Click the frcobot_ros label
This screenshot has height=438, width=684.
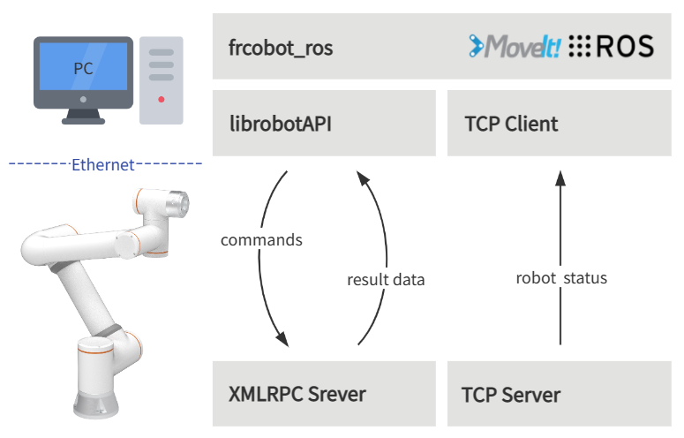[x=281, y=48]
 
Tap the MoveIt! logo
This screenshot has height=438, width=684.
[x=515, y=46]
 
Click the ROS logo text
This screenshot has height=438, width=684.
[x=625, y=46]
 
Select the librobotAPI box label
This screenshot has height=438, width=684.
[x=281, y=124]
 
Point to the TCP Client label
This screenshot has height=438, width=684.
[x=511, y=124]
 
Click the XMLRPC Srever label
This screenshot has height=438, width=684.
[x=297, y=395]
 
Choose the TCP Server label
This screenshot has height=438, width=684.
[x=511, y=396]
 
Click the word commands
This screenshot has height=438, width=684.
[x=261, y=240]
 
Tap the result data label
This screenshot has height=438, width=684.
[x=386, y=280]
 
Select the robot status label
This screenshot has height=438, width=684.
[x=561, y=278]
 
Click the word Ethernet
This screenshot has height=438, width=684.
[x=103, y=165]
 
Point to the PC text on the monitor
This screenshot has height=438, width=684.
[x=83, y=69]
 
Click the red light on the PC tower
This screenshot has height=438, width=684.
[x=162, y=100]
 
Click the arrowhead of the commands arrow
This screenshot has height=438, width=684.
[x=282, y=339]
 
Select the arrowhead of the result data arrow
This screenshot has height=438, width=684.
[x=362, y=177]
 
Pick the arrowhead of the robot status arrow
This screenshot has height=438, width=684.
[x=560, y=178]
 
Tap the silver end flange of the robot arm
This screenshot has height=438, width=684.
[x=178, y=204]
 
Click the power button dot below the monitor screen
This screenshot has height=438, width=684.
[x=83, y=100]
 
